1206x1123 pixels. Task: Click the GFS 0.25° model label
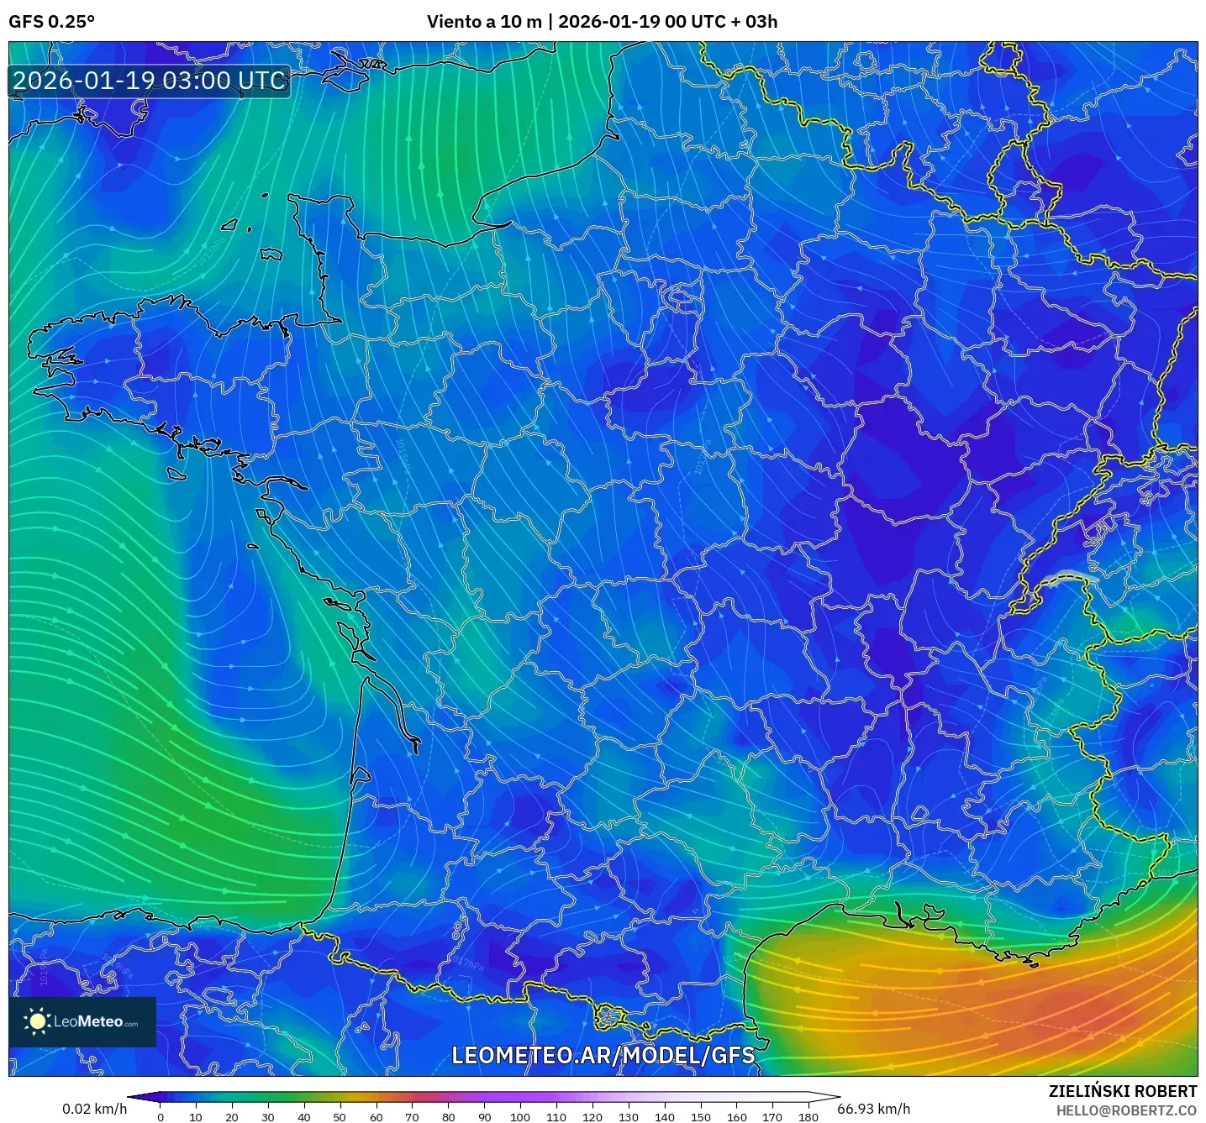click(x=51, y=22)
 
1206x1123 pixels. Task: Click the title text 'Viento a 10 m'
click(x=484, y=22)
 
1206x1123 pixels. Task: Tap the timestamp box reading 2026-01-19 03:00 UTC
click(x=150, y=81)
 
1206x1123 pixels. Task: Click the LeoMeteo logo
click(x=82, y=1021)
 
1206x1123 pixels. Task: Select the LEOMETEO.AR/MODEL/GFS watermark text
click(x=603, y=1055)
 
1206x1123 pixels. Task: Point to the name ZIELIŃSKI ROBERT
click(x=1123, y=1091)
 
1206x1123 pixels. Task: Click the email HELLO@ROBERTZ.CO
click(x=1126, y=1110)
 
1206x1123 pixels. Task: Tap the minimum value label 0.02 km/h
click(x=94, y=1109)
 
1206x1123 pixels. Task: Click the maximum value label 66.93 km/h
click(x=874, y=1109)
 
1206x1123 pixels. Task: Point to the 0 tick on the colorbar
click(x=161, y=1116)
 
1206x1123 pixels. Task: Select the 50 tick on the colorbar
click(x=340, y=1116)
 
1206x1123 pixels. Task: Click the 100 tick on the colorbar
click(x=520, y=1116)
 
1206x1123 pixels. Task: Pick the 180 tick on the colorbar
click(x=808, y=1116)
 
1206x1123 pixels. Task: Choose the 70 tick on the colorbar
click(x=412, y=1116)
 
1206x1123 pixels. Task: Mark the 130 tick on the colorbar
click(x=629, y=1116)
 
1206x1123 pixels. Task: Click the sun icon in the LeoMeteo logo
click(x=37, y=1021)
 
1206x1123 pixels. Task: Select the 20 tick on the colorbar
click(x=232, y=1116)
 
